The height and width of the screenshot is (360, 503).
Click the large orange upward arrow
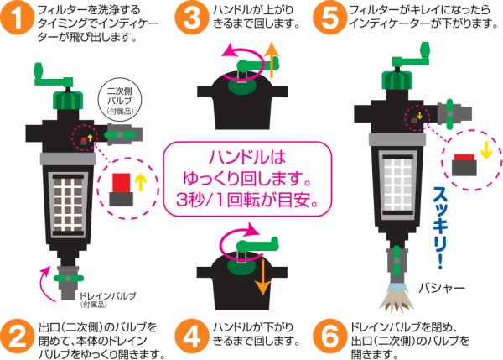(x=271, y=62)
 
